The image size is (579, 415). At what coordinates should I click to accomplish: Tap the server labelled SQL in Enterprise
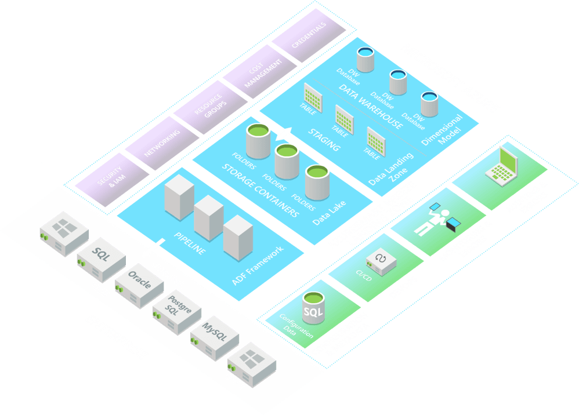102,255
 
